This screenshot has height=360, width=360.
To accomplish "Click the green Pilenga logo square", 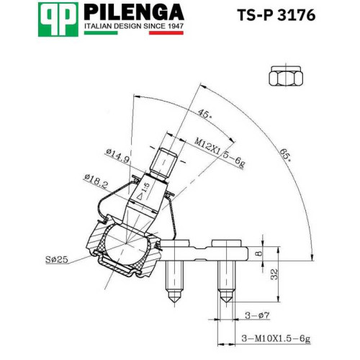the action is pos(58,19).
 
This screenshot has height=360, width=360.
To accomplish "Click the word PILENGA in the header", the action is pos(134,12).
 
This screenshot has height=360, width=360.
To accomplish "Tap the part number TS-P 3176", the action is pos(276,15).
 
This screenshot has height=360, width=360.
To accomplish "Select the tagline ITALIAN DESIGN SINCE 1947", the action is pos(134,26).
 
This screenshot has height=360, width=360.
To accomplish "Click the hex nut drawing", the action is pos(286,76).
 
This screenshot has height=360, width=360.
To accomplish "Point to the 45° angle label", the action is pos(205,114).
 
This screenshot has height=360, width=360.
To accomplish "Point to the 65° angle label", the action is pos(286,155).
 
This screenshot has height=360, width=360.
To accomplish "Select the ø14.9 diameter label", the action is pos(118,156).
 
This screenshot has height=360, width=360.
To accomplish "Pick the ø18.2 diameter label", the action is pos(96,181).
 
